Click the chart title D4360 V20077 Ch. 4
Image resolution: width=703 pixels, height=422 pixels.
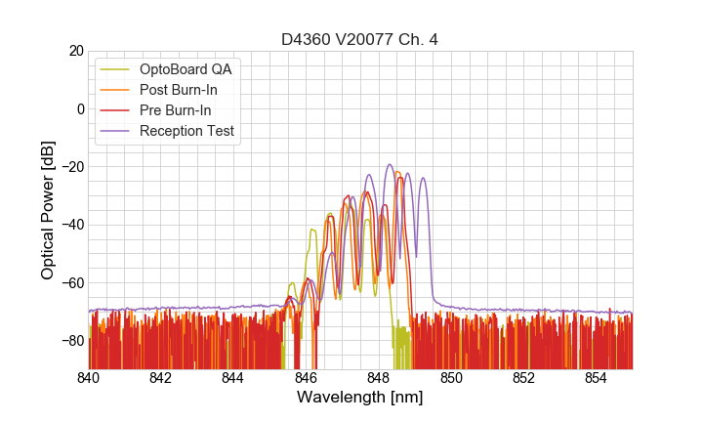point(360,40)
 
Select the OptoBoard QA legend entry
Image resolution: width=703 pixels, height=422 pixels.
point(186,69)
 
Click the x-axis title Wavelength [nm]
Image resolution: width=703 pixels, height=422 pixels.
point(360,398)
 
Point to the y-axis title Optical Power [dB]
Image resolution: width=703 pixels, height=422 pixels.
point(48,210)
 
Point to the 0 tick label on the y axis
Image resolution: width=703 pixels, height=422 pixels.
point(80,108)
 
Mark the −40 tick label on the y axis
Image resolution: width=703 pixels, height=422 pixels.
point(70,225)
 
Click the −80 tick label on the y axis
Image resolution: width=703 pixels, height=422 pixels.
point(70,341)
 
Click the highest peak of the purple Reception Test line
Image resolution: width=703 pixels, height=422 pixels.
point(390,165)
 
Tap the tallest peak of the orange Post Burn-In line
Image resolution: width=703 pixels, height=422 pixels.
point(397,173)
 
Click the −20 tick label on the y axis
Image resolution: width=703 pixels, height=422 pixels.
point(70,167)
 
